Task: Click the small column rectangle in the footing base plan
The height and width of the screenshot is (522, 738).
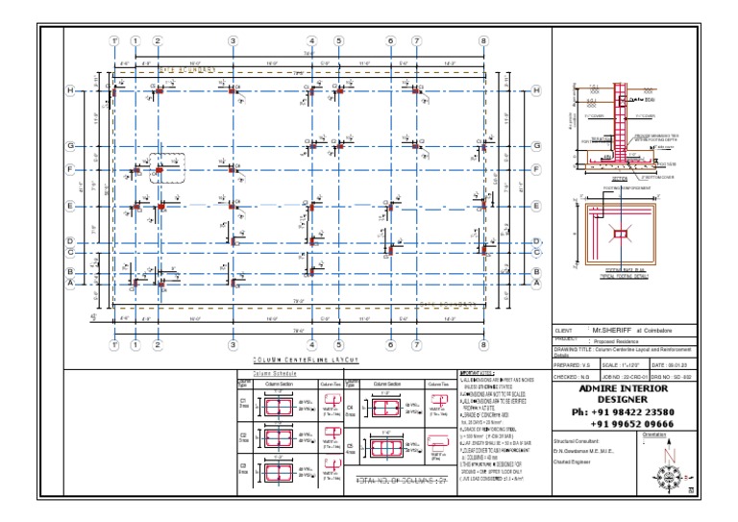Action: (621, 234)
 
